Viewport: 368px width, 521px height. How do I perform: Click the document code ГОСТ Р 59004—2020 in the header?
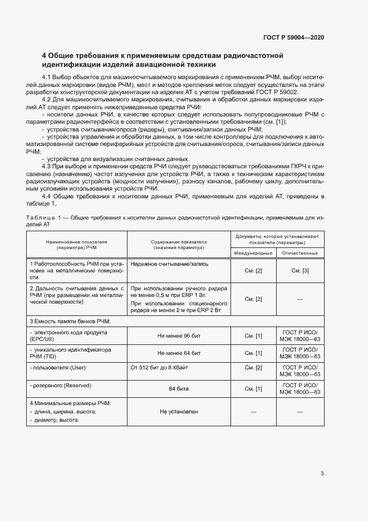(x=293, y=37)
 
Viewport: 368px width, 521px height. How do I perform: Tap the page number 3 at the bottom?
(x=322, y=474)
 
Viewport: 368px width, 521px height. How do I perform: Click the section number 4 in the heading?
(x=44, y=56)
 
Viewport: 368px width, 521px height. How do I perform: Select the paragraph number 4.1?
(x=46, y=76)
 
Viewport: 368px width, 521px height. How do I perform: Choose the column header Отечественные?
(x=300, y=253)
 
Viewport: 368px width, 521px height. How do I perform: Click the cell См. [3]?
(x=300, y=270)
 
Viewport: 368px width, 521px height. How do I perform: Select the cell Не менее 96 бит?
(x=179, y=336)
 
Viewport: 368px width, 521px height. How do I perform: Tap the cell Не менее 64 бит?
(x=179, y=353)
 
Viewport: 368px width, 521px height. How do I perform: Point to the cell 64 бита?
(x=179, y=388)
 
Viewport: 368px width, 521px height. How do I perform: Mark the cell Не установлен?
(x=179, y=412)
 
